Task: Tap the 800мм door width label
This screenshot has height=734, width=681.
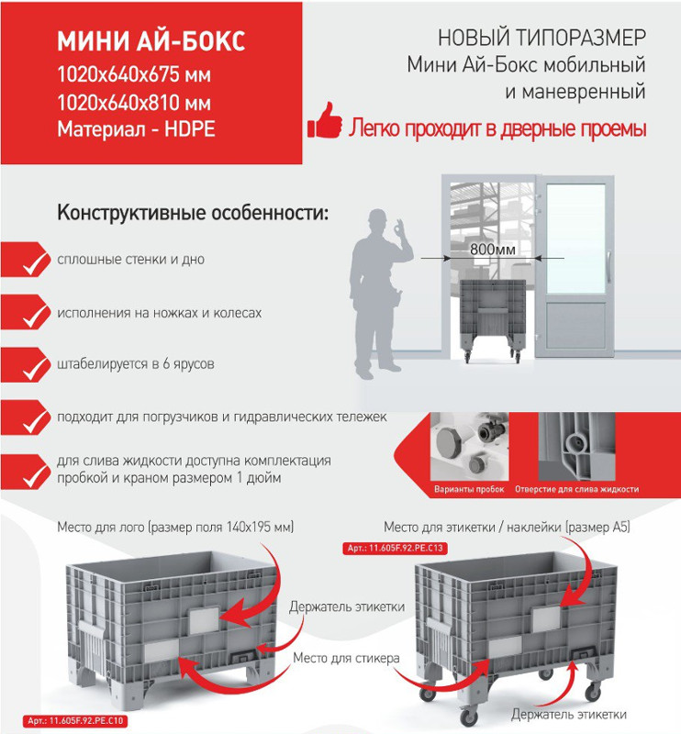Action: [492, 250]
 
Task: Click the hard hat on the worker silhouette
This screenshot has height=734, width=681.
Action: [377, 217]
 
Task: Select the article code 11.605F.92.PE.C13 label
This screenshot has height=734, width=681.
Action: [395, 548]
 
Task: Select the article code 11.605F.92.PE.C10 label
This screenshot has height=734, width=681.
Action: [75, 720]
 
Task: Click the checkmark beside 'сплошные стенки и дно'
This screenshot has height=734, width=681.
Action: [34, 264]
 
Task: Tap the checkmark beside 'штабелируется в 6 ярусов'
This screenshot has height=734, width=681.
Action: [34, 370]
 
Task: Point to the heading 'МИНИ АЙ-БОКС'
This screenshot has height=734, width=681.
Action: [151, 41]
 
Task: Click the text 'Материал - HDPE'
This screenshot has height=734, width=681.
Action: [137, 128]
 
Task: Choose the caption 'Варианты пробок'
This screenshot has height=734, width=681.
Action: [469, 489]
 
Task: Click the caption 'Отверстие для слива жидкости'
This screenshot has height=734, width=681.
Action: [576, 489]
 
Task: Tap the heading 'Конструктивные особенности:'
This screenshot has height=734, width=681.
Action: [193, 213]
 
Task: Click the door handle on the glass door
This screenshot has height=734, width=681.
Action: [608, 267]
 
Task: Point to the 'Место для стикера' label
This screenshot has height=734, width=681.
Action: [346, 658]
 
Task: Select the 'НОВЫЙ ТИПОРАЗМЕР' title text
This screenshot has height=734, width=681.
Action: [541, 38]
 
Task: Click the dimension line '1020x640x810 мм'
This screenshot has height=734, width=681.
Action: [134, 102]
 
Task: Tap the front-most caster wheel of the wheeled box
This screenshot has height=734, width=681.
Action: [468, 715]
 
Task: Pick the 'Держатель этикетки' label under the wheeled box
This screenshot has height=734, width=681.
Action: [569, 715]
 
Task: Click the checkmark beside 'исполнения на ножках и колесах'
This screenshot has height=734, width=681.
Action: [34, 317]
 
